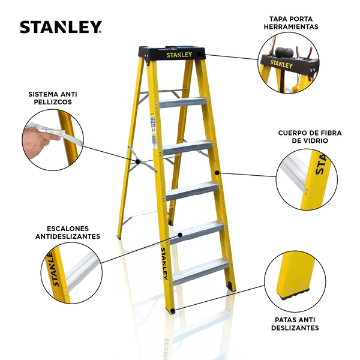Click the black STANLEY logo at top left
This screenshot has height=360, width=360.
click(x=61, y=27)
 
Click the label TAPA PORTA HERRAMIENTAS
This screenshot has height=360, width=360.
click(x=291, y=23)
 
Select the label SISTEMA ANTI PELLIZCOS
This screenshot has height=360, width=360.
click(x=53, y=98)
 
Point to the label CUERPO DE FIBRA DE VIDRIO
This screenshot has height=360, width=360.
click(x=310, y=137)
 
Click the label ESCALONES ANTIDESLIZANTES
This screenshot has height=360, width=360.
click(x=68, y=232)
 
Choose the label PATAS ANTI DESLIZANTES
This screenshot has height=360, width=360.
click(x=295, y=324)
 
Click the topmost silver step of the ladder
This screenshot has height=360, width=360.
click(x=183, y=103)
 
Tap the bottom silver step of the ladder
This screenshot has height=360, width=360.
click(x=200, y=271)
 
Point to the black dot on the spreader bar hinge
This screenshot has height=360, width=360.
click(x=138, y=161)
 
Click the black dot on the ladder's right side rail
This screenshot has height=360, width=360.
click(x=217, y=172)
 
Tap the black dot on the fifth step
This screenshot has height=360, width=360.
click(x=180, y=235)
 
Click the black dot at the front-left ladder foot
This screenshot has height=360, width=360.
click(x=173, y=311)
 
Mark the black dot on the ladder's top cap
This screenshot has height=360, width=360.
click(x=200, y=54)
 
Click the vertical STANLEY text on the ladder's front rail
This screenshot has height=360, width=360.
click(x=164, y=263)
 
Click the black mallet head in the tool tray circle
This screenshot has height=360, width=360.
click(x=284, y=52)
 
